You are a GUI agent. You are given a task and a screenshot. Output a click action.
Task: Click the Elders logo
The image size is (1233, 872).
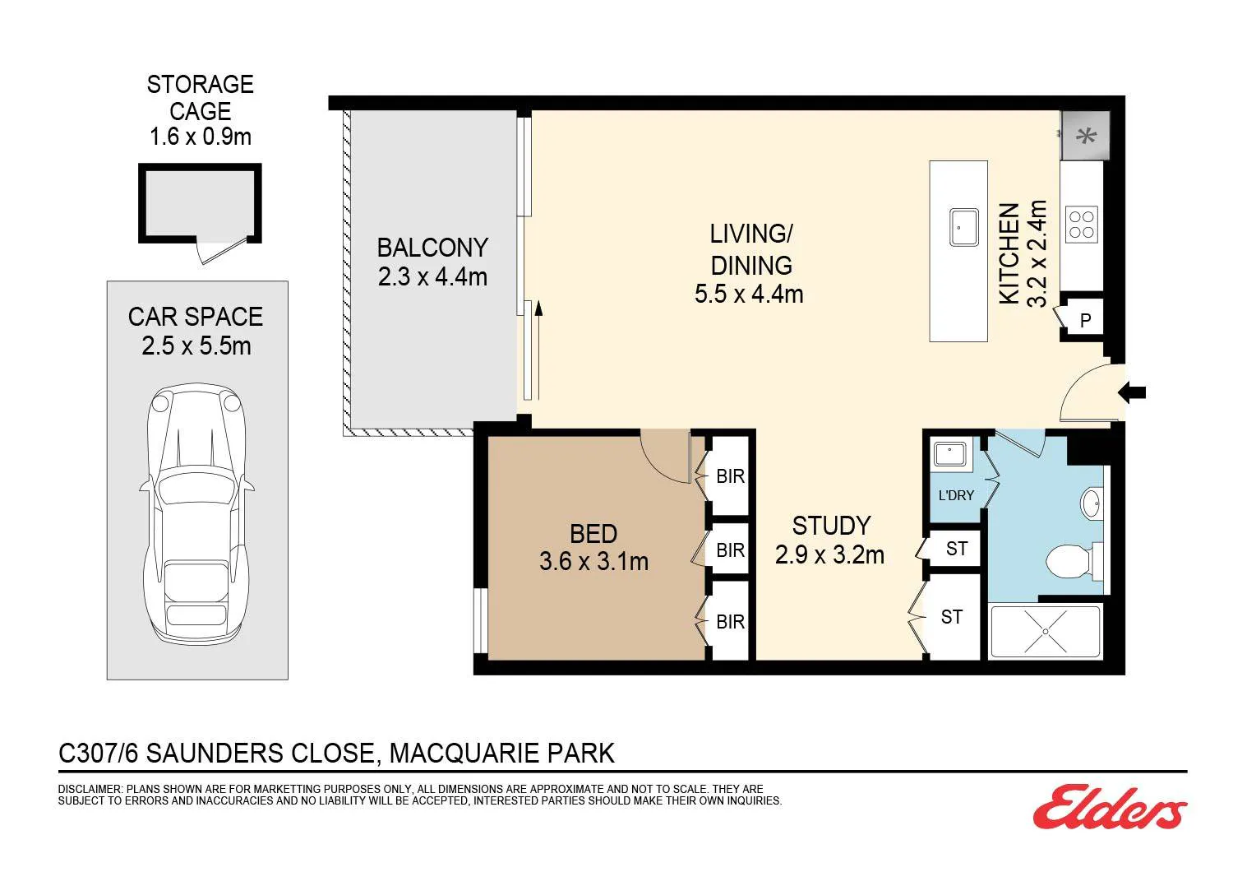tap(1110, 807)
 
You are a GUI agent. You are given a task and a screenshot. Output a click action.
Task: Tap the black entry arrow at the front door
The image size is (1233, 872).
tap(1132, 392)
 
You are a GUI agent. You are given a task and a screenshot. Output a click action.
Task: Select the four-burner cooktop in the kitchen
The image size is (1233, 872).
tap(1082, 225)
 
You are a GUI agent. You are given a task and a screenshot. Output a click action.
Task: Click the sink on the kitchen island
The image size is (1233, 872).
tap(964, 227)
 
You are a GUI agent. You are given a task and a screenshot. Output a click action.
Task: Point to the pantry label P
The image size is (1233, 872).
tap(1086, 320)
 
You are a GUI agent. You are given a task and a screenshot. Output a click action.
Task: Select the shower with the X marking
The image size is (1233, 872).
tap(1046, 632)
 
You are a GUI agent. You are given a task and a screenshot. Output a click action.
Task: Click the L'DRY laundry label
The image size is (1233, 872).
tap(956, 495)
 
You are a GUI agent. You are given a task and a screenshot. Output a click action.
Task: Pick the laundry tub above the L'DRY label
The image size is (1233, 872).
tap(950, 455)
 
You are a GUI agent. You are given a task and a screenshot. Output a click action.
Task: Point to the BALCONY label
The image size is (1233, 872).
tap(432, 248)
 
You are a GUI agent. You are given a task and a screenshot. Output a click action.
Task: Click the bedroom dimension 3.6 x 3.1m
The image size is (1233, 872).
tap(594, 561)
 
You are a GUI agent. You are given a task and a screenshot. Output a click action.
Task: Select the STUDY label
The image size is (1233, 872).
tap(831, 526)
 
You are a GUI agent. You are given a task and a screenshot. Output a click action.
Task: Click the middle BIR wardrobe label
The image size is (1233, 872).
tap(731, 550)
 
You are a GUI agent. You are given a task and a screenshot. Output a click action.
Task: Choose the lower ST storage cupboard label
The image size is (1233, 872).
tap(952, 616)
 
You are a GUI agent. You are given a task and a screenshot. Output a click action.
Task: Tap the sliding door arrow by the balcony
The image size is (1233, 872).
tap(539, 350)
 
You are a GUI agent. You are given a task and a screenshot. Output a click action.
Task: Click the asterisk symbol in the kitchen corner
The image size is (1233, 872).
tap(1086, 135)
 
